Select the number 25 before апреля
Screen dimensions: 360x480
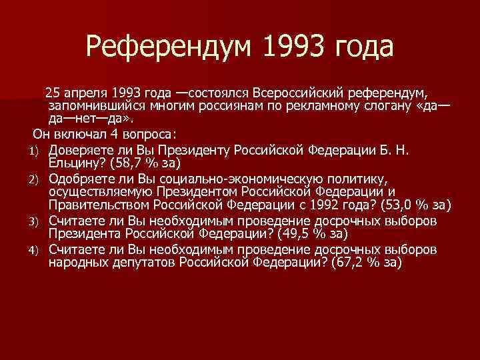point(52,91)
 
